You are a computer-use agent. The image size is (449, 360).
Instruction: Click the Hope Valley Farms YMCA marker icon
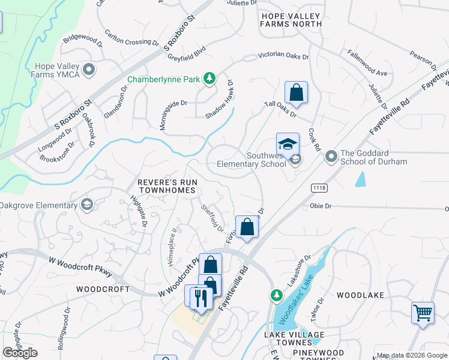click(89, 70)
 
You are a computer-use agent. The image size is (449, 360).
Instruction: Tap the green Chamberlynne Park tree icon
click(209, 78)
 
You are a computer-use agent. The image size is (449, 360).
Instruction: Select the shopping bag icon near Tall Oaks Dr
click(296, 93)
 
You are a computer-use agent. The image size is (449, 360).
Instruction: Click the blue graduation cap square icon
click(288, 144)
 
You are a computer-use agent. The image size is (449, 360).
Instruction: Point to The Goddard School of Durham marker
click(331, 157)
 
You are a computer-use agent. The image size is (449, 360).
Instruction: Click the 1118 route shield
click(319, 188)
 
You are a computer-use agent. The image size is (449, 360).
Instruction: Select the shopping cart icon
click(423, 313)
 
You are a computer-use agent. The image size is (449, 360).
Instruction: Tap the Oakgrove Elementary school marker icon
click(87, 205)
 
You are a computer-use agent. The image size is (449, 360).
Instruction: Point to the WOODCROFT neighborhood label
click(103, 289)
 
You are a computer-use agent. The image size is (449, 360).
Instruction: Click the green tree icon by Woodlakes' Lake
click(276, 295)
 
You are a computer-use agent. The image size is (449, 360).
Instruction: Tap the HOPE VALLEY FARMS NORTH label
click(291, 19)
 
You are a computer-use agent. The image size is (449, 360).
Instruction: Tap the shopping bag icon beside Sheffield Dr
click(247, 227)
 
